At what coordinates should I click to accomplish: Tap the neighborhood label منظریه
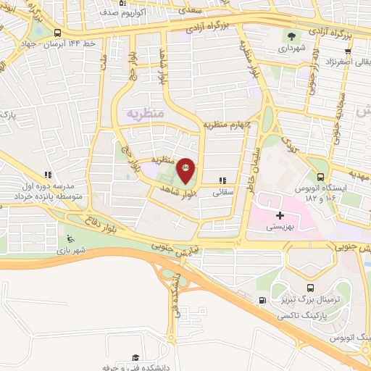coord(145,114)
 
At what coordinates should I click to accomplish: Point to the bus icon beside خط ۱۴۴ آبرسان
coord(57,33)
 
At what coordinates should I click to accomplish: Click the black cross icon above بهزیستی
coord(280,215)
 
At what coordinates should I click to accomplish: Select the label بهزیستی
coord(280,227)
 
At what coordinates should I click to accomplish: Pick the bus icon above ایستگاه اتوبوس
coord(320,176)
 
